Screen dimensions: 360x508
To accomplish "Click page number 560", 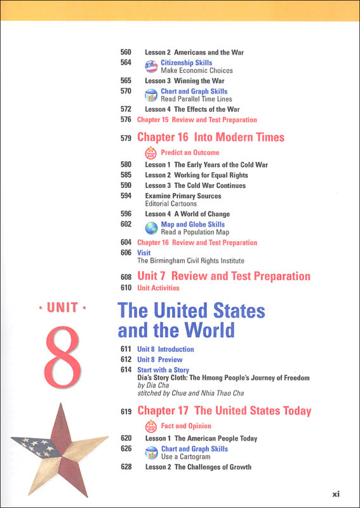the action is tap(125, 53).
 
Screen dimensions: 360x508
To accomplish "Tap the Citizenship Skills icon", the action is tap(151, 67).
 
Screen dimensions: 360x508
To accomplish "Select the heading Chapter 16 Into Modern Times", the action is tap(211, 137).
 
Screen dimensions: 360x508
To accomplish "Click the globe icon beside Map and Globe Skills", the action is tap(151, 229).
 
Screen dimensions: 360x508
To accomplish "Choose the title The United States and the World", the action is tap(191, 320).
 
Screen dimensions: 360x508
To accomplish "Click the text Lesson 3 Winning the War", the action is tap(185, 81).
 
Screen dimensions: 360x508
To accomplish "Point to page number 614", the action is tap(125, 370).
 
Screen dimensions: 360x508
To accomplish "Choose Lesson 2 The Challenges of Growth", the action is tap(198, 467).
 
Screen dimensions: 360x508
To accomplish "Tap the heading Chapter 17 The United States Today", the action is tap(224, 411).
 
